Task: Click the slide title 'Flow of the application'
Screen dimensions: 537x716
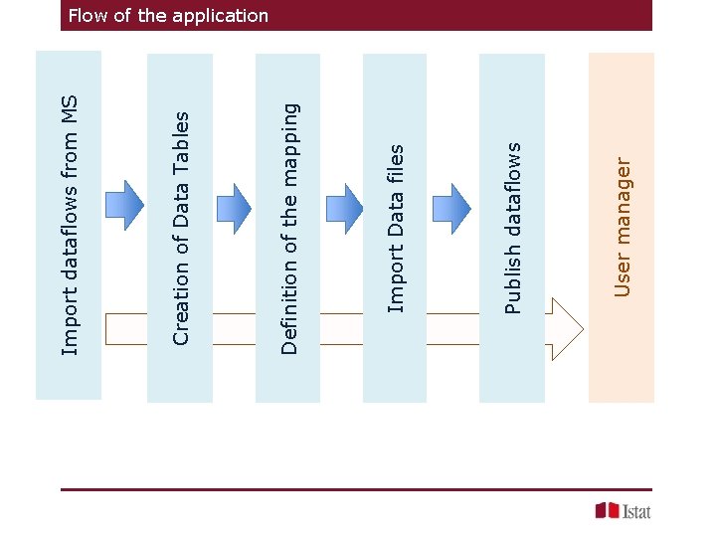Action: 167,16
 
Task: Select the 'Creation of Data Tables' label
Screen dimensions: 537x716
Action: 180,227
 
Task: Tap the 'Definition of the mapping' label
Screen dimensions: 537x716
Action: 288,228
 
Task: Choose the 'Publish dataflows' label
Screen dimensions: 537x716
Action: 512,228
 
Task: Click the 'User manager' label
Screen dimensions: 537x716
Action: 623,228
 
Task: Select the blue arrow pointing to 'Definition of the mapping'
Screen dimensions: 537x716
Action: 235,204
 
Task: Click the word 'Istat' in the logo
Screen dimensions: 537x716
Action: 637,512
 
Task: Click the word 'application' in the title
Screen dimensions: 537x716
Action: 220,16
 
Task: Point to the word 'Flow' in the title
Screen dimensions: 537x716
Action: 87,16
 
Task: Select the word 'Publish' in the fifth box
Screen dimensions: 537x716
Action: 512,281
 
